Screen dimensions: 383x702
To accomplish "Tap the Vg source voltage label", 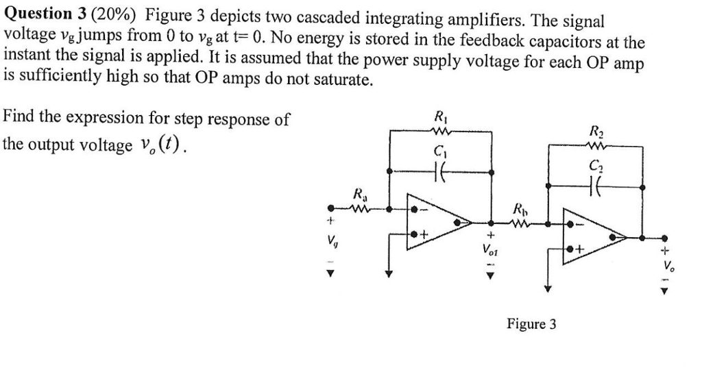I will (x=332, y=241).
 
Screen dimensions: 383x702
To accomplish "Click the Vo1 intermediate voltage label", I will (x=490, y=251).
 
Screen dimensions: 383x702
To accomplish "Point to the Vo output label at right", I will (x=664, y=266).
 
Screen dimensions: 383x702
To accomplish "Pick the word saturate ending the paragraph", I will (x=346, y=79).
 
